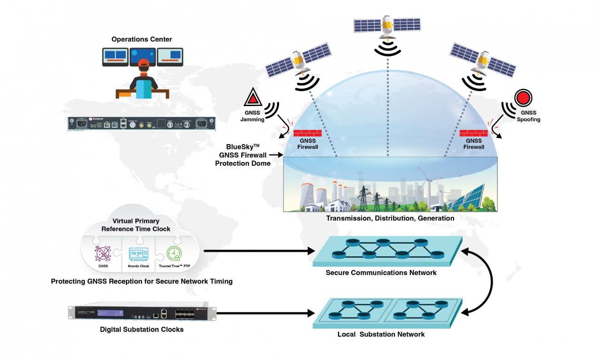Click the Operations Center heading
[x=141, y=39]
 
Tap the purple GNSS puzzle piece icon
[x=103, y=253]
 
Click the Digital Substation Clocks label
[x=142, y=329]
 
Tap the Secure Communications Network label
[x=381, y=273]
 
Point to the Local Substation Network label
[x=381, y=334]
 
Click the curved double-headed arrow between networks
[x=491, y=282]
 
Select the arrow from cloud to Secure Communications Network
[x=258, y=252]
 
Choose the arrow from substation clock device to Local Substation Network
[x=265, y=312]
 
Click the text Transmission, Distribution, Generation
[x=390, y=218]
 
